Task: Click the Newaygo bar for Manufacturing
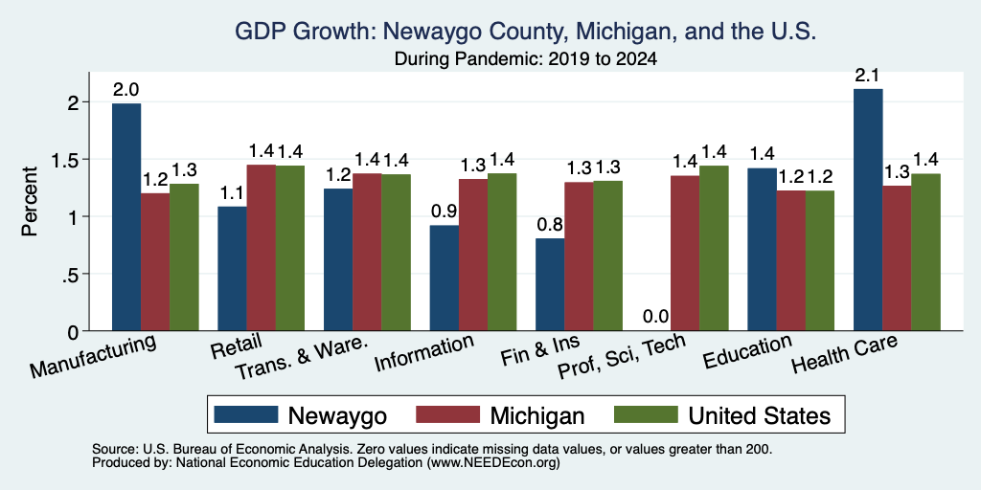126,217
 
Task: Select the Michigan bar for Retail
261,248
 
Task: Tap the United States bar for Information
502,252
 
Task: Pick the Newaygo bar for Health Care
868,210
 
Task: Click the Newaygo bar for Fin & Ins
550,284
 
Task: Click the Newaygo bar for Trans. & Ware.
338,259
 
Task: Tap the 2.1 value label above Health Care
868,77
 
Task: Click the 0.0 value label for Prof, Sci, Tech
656,316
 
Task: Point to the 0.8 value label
550,225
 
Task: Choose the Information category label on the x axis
423,352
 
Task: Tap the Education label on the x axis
747,351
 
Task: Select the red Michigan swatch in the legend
447,414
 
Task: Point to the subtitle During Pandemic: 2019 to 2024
526,59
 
